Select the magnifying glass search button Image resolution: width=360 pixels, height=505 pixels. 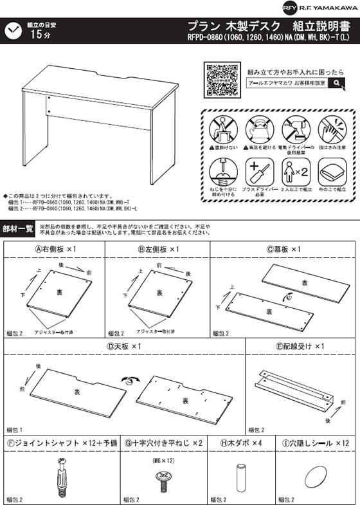[336, 83]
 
